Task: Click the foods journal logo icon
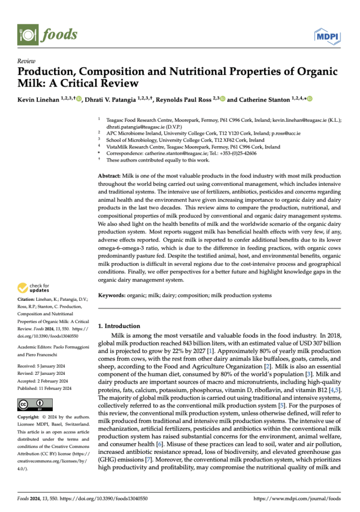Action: click(28, 34)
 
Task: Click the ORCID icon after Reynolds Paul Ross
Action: click(222, 99)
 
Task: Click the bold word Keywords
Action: click(112, 295)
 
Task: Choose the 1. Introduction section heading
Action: click(120, 326)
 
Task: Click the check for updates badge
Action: click(33, 288)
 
